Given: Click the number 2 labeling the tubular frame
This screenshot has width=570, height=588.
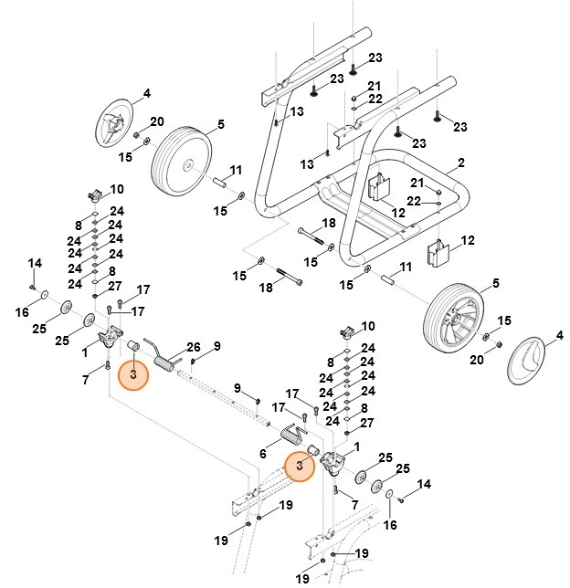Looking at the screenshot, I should pyautogui.click(x=461, y=163).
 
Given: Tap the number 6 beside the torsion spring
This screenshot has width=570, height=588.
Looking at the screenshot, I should pyautogui.click(x=263, y=454).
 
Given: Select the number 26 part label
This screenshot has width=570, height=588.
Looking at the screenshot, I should pyautogui.click(x=193, y=348).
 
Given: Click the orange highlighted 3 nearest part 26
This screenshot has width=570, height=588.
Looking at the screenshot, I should pyautogui.click(x=133, y=374).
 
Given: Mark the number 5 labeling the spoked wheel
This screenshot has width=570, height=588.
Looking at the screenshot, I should pyautogui.click(x=496, y=284).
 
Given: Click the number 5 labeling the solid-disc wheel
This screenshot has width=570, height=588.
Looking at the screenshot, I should pyautogui.click(x=220, y=125).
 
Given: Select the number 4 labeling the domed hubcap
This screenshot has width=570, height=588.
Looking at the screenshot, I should pyautogui.click(x=560, y=335).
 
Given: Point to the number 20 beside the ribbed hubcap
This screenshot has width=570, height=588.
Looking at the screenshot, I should pyautogui.click(x=156, y=121).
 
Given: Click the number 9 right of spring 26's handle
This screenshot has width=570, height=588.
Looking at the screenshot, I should pyautogui.click(x=216, y=345).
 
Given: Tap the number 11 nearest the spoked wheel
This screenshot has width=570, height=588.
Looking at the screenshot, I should pyautogui.click(x=406, y=266).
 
